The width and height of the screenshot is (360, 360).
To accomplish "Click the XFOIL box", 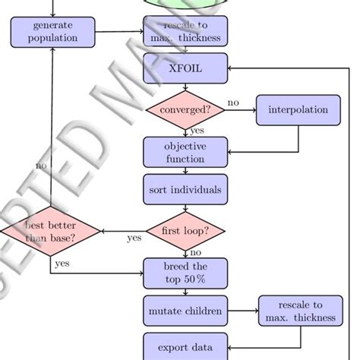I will [x=185, y=68].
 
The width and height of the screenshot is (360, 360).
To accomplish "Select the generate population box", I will [x=53, y=32].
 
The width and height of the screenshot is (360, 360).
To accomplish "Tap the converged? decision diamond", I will [x=185, y=109].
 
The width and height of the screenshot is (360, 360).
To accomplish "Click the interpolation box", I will [x=298, y=109].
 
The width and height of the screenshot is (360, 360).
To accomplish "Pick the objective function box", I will [x=185, y=152].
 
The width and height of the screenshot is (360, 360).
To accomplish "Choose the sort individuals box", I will [x=185, y=189].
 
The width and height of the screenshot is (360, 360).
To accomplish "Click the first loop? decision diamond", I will [x=185, y=231].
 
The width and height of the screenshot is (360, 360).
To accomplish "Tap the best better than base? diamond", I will [x=50, y=231].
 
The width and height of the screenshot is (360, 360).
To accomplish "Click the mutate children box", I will [x=185, y=311].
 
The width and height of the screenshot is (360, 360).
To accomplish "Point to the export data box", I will [x=185, y=347].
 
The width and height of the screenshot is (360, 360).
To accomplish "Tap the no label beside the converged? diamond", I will [x=232, y=103].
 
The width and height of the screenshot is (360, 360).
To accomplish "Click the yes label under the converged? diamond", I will [x=197, y=131].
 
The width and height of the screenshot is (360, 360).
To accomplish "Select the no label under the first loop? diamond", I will [x=196, y=251].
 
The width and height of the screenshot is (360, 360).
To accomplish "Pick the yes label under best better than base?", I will [x=62, y=263].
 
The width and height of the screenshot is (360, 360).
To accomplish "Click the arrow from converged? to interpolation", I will [x=241, y=109].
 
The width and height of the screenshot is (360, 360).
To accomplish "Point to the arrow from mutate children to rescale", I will [x=243, y=311].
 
